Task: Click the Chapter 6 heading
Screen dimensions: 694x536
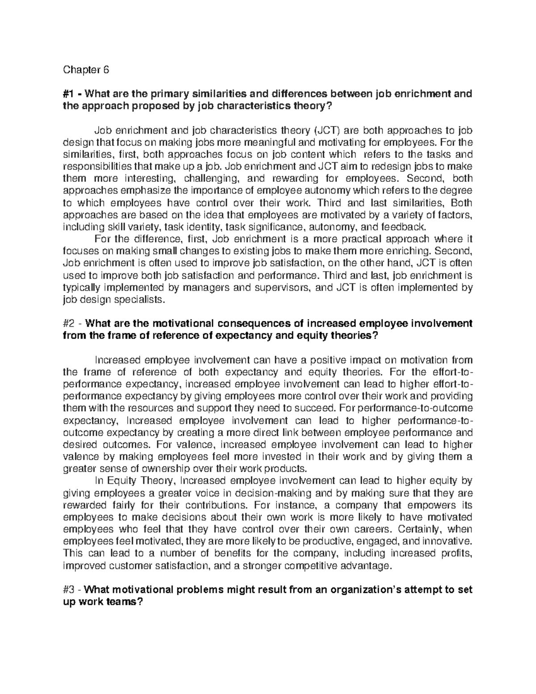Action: click(x=86, y=70)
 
